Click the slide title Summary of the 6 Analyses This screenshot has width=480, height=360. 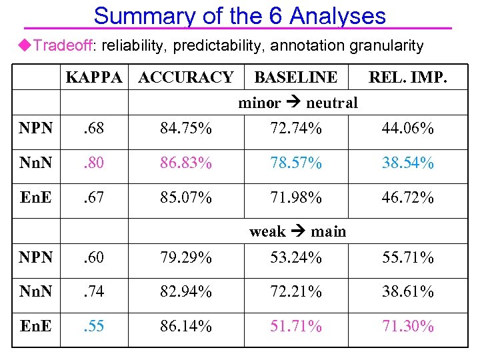pyautogui.click(x=239, y=15)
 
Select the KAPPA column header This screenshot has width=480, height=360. pyautogui.click(x=93, y=77)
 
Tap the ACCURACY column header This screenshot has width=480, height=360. pyautogui.click(x=185, y=77)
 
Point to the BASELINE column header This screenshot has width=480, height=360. pyautogui.click(x=295, y=77)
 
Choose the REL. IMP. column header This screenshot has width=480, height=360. pyautogui.click(x=407, y=77)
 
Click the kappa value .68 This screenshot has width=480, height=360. pyautogui.click(x=93, y=128)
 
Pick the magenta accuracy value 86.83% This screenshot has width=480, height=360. pyautogui.click(x=185, y=163)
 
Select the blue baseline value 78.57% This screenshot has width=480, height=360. pyautogui.click(x=295, y=163)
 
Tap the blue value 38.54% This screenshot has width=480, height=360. pyautogui.click(x=407, y=163)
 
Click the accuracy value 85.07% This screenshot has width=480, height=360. pyautogui.click(x=185, y=198)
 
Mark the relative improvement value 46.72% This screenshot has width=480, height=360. pyautogui.click(x=407, y=198)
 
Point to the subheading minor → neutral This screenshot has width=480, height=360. pyautogui.click(x=298, y=103)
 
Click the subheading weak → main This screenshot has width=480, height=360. pyautogui.click(x=297, y=231)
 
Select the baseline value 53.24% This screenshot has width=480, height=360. pyautogui.click(x=295, y=257)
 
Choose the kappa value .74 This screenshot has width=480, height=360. pyautogui.click(x=93, y=291)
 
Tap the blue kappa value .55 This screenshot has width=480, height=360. pyautogui.click(x=93, y=326)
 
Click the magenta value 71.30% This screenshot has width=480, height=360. pyautogui.click(x=407, y=326)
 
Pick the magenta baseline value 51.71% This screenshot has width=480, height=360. pyautogui.click(x=295, y=326)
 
